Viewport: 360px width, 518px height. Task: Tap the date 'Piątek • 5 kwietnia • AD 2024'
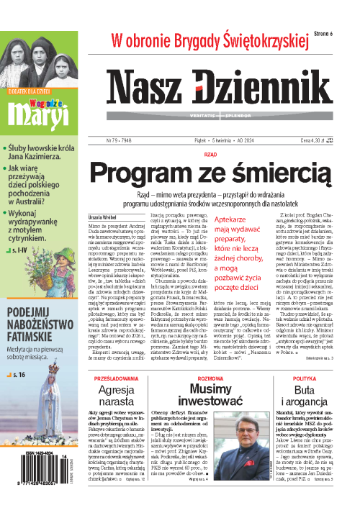coord(214,122)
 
